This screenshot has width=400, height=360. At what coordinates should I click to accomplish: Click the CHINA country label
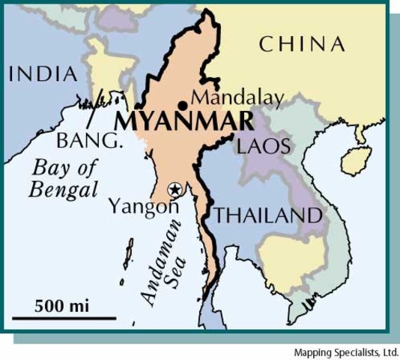[303, 44]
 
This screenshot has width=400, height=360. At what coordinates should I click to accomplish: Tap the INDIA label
[43, 73]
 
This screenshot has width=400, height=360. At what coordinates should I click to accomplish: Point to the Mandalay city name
[237, 97]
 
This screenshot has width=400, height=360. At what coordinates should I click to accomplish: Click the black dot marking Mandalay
[182, 105]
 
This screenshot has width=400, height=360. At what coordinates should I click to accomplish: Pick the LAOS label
[263, 145]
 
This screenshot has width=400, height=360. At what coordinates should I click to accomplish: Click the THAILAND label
[268, 215]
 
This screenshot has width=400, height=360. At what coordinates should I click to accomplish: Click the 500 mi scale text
[59, 306]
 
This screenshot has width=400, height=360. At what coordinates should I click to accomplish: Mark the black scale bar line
[64, 318]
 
